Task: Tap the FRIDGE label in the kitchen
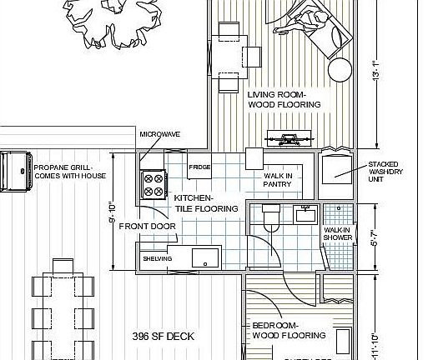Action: [199, 167]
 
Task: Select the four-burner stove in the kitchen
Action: [154, 184]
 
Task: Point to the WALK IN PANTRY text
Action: [278, 181]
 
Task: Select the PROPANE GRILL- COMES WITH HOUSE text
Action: [70, 172]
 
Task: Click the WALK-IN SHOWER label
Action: [337, 234]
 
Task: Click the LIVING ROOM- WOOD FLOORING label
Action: [284, 100]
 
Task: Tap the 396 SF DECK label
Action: [163, 336]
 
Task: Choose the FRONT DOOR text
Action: [147, 226]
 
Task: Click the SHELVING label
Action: [157, 259]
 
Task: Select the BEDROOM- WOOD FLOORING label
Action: [288, 331]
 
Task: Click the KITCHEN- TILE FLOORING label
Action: [206, 203]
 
